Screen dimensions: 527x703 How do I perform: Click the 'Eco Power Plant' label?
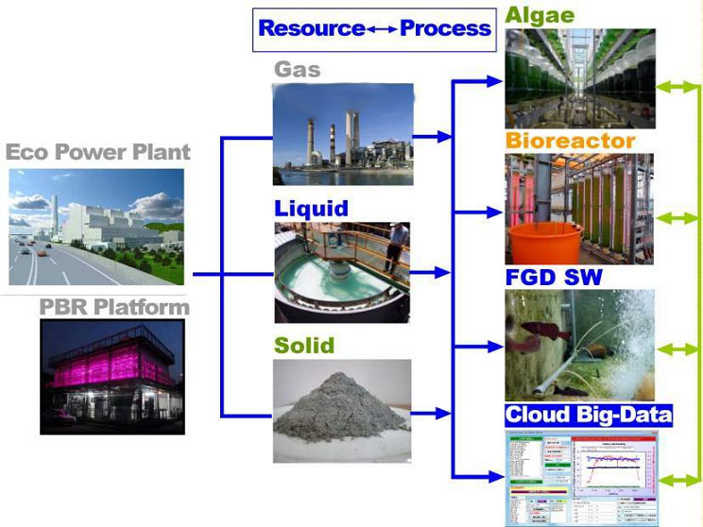click(x=98, y=152)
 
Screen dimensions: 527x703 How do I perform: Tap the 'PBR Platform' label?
click(x=114, y=308)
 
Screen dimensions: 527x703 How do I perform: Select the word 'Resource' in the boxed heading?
click(x=311, y=28)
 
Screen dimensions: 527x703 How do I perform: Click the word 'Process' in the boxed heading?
click(x=445, y=28)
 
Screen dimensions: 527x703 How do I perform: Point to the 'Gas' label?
click(x=297, y=69)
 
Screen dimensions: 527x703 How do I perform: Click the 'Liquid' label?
click(x=311, y=208)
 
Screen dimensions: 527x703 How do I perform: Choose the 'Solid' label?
click(x=303, y=346)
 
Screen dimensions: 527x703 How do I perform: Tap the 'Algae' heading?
click(x=539, y=15)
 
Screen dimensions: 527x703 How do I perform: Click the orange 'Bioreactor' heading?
click(x=569, y=142)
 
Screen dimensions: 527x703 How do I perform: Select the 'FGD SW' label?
click(x=553, y=278)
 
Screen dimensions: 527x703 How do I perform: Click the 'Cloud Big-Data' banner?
click(x=588, y=415)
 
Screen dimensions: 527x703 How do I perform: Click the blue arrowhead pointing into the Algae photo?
click(x=493, y=82)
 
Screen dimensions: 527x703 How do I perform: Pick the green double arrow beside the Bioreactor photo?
click(x=678, y=218)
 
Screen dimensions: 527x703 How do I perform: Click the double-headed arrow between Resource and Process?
click(x=382, y=29)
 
